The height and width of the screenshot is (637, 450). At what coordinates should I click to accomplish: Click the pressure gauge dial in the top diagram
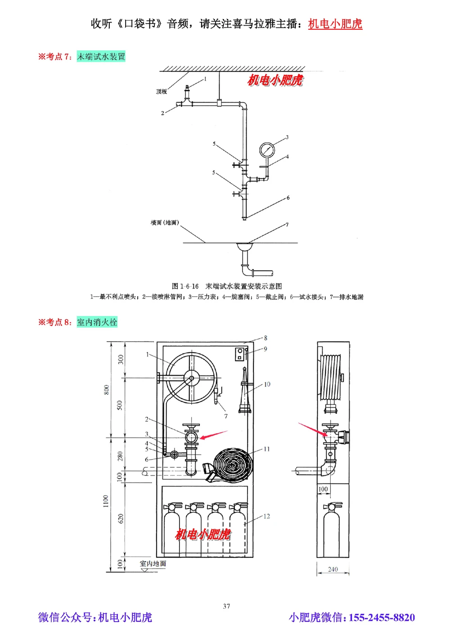click(x=266, y=150)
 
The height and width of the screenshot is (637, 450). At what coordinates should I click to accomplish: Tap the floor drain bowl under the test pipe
click(x=245, y=246)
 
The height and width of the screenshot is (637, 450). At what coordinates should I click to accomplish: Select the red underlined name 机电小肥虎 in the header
click(x=335, y=24)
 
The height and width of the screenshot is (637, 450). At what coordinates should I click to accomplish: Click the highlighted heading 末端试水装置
click(x=101, y=57)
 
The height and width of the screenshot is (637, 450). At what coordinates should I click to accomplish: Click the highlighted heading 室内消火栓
click(x=97, y=322)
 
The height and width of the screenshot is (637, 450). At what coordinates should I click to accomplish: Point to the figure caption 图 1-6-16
click(x=185, y=286)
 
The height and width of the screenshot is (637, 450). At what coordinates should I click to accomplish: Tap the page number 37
click(x=226, y=606)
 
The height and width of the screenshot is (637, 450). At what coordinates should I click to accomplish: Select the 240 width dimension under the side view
click(x=333, y=569)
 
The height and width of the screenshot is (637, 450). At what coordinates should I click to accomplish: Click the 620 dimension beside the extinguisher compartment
click(x=121, y=518)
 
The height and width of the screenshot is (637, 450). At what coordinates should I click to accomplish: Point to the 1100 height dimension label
click(x=106, y=501)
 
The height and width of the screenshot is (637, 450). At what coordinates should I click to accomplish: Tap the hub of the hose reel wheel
click(x=192, y=379)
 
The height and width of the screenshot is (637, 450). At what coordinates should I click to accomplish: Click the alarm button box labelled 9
click(x=241, y=354)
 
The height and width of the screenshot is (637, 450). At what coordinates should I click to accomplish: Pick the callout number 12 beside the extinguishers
click(x=267, y=516)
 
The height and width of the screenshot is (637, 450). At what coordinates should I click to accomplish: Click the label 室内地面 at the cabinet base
click(x=153, y=564)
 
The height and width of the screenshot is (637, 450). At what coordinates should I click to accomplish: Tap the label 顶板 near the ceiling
click(x=161, y=91)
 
